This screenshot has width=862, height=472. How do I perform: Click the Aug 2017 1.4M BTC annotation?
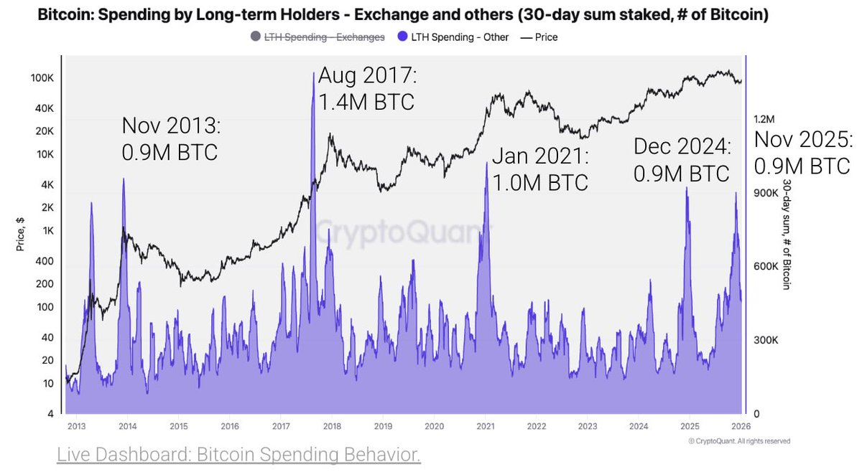coord(366,88)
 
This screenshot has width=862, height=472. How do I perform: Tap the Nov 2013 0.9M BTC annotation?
coord(170,139)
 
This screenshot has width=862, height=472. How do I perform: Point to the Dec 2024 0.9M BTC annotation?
coord(682,160)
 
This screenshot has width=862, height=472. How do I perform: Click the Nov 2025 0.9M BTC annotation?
coord(802,153)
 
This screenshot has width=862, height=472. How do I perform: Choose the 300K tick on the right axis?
coord(765,340)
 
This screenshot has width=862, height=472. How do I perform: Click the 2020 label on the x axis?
coord(434,426)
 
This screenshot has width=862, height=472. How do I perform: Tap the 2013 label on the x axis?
coord(76,426)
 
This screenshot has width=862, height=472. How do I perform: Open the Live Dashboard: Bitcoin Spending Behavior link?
coord(238,455)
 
